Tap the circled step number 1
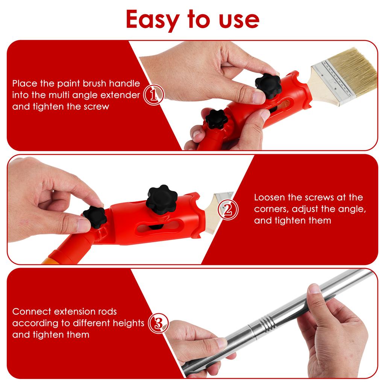point(154,95)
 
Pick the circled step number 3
point(158,323)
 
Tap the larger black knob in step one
point(268,86)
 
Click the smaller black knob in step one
point(216,120)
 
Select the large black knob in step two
point(161,197)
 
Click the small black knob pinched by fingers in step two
point(95,217)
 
